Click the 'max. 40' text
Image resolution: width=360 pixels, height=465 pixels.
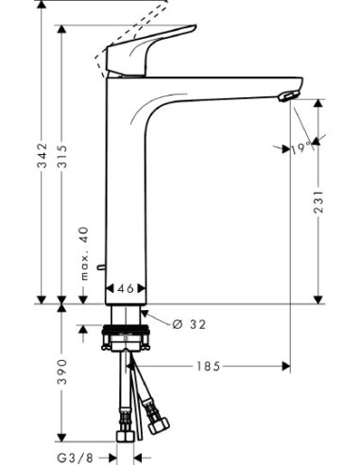[86, 252]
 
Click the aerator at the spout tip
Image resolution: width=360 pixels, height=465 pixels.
[285, 95]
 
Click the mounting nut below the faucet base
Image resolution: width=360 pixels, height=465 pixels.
[125, 336]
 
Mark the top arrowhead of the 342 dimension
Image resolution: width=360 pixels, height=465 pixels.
[43, 6]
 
